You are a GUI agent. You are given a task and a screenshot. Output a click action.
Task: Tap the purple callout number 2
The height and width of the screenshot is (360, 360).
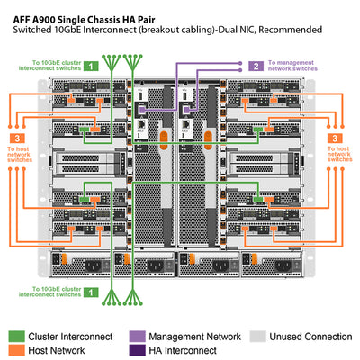[256, 66]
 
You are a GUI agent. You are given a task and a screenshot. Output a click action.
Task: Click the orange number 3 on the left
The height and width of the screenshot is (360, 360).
[18, 138]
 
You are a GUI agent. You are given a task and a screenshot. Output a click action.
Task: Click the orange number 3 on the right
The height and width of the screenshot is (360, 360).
[335, 138]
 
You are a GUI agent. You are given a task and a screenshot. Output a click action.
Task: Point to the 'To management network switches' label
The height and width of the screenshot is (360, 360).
[293, 66]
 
